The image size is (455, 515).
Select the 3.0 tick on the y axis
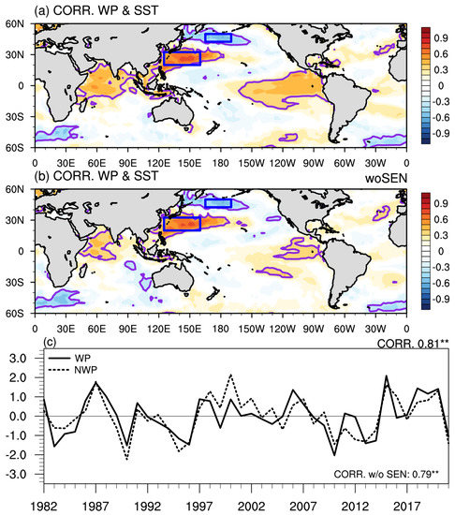[x=19, y=358]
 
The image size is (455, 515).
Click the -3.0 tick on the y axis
[x=17, y=475]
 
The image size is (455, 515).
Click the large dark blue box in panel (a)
[x=182, y=57]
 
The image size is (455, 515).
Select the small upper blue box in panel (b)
[x=218, y=204]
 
